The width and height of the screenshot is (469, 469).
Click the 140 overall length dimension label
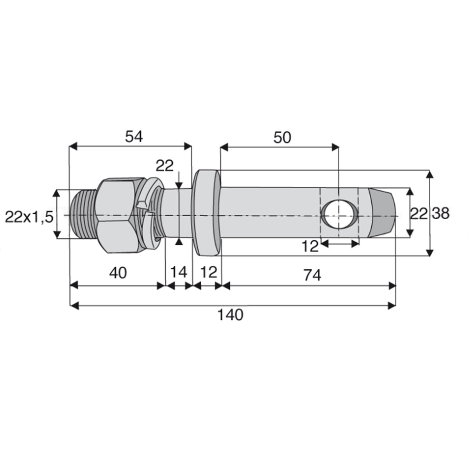pos(230,315)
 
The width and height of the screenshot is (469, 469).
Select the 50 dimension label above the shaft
pos(282,138)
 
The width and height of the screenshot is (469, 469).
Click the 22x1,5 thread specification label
pos(29,217)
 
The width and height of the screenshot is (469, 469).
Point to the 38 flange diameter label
pos(441,213)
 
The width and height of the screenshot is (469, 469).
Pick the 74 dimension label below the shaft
pos(313,275)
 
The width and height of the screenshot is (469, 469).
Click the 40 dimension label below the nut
pos(118,272)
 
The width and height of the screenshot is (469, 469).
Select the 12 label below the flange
pos(209,272)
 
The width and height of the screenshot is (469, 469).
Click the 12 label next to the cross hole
pos(310,246)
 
